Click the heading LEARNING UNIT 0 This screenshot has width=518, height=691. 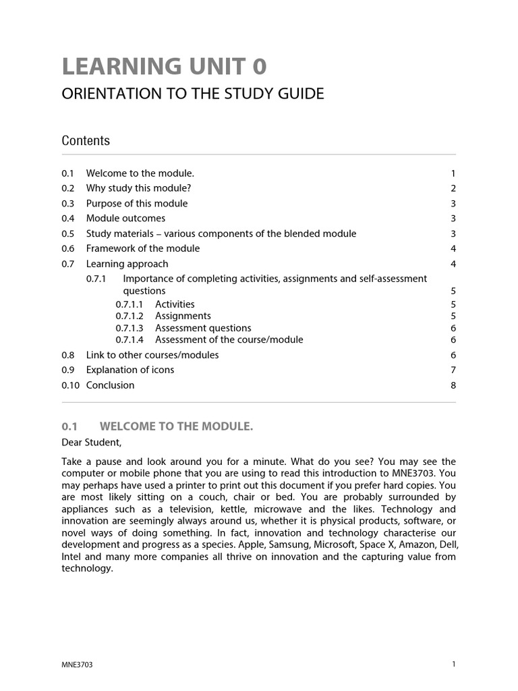click(x=164, y=67)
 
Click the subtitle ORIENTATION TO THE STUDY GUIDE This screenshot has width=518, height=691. click(x=193, y=94)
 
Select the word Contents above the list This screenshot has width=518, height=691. click(x=86, y=140)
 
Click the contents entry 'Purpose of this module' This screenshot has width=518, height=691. click(x=137, y=203)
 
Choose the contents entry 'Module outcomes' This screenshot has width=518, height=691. click(x=125, y=218)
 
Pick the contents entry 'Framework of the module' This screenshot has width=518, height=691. click(x=143, y=248)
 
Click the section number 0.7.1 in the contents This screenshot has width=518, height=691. click(x=96, y=279)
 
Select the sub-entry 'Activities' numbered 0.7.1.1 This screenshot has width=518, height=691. click(x=175, y=304)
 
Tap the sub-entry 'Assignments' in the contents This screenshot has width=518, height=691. click(x=183, y=316)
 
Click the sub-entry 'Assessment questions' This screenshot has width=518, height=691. click(x=203, y=328)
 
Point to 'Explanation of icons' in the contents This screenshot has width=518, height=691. click(x=130, y=370)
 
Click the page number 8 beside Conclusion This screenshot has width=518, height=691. click(x=453, y=385)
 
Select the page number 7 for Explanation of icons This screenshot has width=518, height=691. click(x=453, y=370)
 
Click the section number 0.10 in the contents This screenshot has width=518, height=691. click(x=70, y=385)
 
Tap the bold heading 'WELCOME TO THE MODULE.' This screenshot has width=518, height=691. click(x=176, y=426)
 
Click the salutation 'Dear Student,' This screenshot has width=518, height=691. click(x=92, y=443)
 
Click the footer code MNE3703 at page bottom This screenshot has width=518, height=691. click(x=77, y=665)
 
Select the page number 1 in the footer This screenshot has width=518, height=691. click(x=454, y=664)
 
